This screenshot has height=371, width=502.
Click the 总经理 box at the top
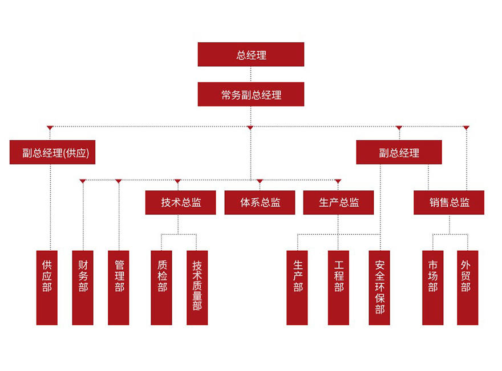251,55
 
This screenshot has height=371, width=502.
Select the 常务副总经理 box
251,95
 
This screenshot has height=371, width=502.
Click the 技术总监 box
180,202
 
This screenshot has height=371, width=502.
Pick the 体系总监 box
260,202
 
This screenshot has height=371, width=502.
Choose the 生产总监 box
338,202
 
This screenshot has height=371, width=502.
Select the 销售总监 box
449,202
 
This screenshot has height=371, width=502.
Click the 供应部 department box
47,287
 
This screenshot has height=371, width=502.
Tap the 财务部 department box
83,287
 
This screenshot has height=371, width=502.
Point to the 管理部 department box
119,287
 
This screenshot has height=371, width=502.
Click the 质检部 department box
161,287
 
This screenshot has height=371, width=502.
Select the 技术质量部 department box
197,287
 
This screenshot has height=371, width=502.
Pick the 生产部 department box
297,287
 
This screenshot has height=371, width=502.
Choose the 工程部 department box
338,287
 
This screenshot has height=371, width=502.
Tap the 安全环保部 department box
379,287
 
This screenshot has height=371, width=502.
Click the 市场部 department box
432,287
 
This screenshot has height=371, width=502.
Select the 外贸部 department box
467,287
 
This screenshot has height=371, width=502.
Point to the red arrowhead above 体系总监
260,182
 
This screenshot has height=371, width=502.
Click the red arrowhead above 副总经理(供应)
50,128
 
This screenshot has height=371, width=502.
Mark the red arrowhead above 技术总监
177,182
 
